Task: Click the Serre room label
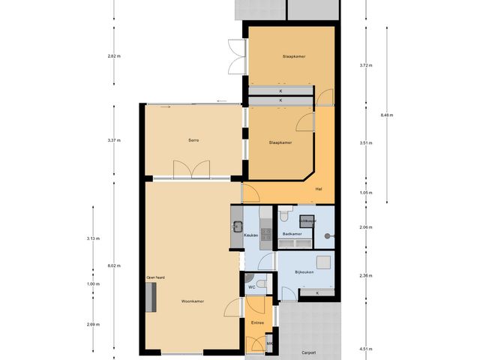coord(193,140)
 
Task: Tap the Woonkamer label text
coord(193,301)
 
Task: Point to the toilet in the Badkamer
coord(284,216)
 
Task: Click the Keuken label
coord(251,235)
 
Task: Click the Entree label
coord(257,322)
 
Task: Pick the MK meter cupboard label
coord(270,343)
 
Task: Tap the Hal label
coord(319,188)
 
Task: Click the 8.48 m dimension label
coord(387,115)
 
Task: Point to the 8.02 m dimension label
coord(114,265)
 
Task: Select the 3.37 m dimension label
coord(114,140)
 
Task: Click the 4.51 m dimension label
coord(366,349)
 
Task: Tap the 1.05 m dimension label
coord(366,193)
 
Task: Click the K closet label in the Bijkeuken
coord(317,292)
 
